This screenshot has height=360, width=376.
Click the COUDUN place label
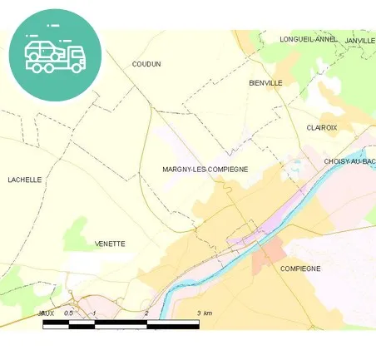click(x=146, y=64)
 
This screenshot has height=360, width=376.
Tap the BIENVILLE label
click(x=266, y=83)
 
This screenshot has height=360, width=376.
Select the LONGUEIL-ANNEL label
click(x=309, y=39)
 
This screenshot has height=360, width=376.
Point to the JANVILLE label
click(x=360, y=40)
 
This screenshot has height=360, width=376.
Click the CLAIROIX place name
click(x=321, y=127)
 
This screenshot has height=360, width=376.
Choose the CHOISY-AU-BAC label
click(x=349, y=160)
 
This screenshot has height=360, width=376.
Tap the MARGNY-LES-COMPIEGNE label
click(x=205, y=169)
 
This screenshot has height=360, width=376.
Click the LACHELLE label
click(x=24, y=180)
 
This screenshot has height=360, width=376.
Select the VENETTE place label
click(x=110, y=244)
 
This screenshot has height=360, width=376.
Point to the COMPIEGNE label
click(x=300, y=269)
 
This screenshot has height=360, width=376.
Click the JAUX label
click(x=46, y=313)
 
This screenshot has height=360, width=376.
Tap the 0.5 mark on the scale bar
click(x=69, y=313)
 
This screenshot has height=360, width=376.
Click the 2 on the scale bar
click(x=146, y=313)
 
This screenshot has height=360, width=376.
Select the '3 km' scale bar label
click(x=204, y=313)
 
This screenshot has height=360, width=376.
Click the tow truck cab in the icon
click(x=76, y=57)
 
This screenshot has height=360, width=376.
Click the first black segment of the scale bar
click(x=55, y=323)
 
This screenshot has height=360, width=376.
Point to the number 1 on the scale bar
click(x=95, y=313)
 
